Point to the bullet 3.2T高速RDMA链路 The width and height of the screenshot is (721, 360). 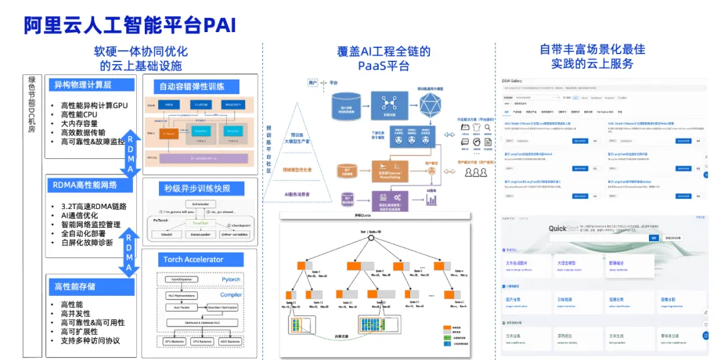93,206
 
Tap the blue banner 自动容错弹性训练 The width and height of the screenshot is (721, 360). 191,86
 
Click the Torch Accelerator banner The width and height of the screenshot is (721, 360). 194,259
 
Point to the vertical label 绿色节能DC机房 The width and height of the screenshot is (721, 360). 31,107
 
